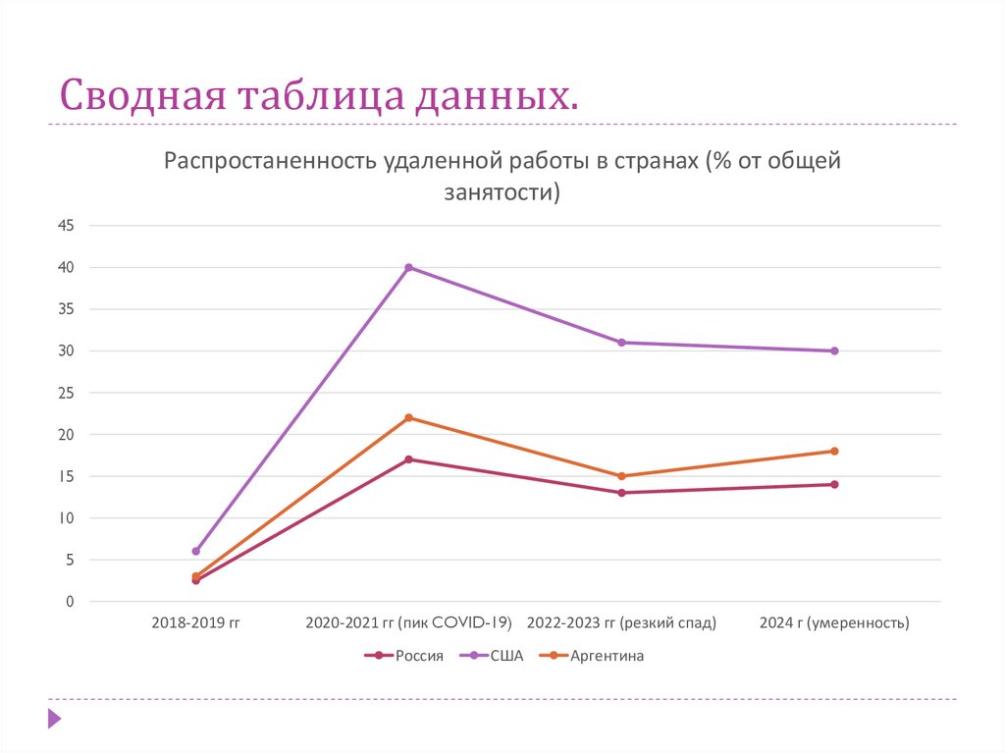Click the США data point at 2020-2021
click(x=409, y=267)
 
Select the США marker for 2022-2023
click(x=622, y=343)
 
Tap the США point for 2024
click(x=834, y=350)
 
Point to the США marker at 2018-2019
click(x=196, y=552)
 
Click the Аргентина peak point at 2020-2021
click(x=409, y=417)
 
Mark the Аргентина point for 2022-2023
click(x=622, y=476)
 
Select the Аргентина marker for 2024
click(x=834, y=451)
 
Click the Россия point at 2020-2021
click(x=409, y=459)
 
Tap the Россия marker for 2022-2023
click(x=622, y=493)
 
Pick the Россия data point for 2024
click(x=834, y=484)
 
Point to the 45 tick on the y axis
click(x=66, y=226)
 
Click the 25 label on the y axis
click(x=66, y=393)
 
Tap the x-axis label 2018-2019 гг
click(x=196, y=622)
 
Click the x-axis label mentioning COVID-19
click(x=409, y=622)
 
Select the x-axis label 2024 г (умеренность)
click(x=834, y=622)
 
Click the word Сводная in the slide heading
click(x=139, y=95)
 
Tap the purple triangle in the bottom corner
click(x=54, y=719)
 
